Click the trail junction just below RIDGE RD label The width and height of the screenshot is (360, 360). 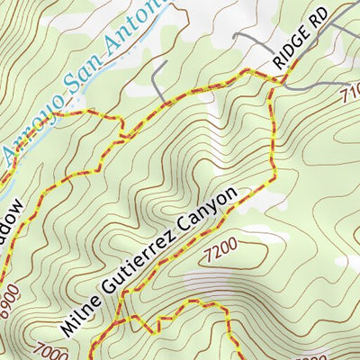pyautogui.click(x=271, y=83)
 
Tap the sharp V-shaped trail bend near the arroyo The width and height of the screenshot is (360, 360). pyautogui.click(x=122, y=137)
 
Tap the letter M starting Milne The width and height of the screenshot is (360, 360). pyautogui.click(x=68, y=320)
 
